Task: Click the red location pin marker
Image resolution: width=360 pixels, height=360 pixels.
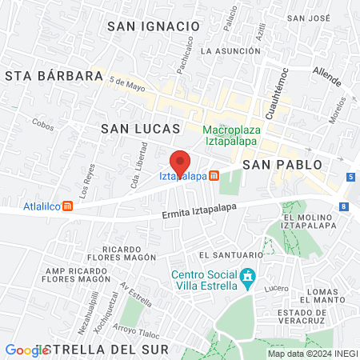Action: [181, 162]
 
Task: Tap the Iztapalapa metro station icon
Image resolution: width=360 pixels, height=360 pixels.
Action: [214, 176]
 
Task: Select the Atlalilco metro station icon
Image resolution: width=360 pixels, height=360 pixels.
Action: [68, 206]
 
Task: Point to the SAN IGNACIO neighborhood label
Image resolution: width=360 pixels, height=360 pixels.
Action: [153, 26]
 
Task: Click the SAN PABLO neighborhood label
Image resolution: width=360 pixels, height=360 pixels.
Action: [282, 164]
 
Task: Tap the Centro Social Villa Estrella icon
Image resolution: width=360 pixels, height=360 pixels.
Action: [249, 274]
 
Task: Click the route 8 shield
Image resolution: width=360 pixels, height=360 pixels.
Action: [343, 206]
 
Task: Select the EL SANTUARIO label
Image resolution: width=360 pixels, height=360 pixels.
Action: [227, 255]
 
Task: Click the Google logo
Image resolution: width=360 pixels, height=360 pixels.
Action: [26, 350]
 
